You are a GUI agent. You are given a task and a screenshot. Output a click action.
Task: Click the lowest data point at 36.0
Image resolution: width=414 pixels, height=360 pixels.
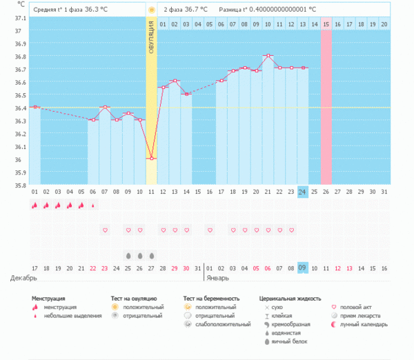pyautogui.click(x=151, y=159)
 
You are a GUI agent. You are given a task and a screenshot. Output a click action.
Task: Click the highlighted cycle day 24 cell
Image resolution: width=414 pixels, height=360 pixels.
pyautogui.click(x=303, y=192)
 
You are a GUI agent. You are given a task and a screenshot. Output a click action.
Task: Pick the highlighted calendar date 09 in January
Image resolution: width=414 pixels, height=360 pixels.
pyautogui.click(x=303, y=268)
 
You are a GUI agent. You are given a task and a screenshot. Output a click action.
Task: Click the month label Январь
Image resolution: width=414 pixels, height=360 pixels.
pyautogui.click(x=219, y=278)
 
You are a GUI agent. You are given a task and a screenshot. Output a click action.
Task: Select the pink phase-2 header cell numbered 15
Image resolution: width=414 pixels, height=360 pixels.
pyautogui.click(x=326, y=24)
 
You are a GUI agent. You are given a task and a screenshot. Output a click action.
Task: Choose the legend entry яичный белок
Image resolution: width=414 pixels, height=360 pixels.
pyautogui.click(x=290, y=341)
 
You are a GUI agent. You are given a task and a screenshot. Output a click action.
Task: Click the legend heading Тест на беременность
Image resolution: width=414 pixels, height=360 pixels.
pyautogui.click(x=211, y=298)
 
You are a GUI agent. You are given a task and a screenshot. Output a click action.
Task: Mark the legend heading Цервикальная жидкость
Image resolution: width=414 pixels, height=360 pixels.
pyautogui.click(x=290, y=298)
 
